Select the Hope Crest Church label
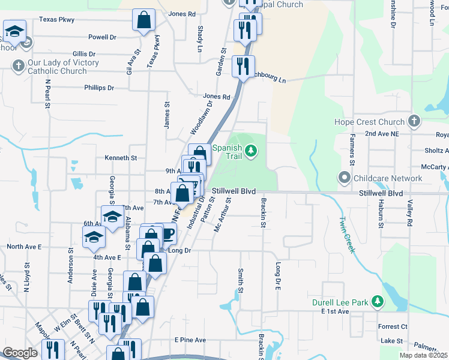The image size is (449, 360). point(370,122)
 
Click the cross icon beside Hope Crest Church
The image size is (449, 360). point(414,122)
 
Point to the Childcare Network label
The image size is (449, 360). point(388,178)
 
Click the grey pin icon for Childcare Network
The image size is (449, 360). point(344,178)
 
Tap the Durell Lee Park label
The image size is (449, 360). point(339,302)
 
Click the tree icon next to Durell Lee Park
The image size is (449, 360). point(377,301)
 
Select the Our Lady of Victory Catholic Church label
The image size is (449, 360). point(58,67)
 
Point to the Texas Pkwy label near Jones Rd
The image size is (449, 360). point(56,20)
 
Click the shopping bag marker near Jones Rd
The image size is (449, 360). point(144,21)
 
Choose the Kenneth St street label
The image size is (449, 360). point(121,158)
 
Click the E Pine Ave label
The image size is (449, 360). point(190,340)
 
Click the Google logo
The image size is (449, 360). point(20,353)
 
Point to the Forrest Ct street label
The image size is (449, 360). point(393,327)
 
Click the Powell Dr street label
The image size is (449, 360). point(102,37)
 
